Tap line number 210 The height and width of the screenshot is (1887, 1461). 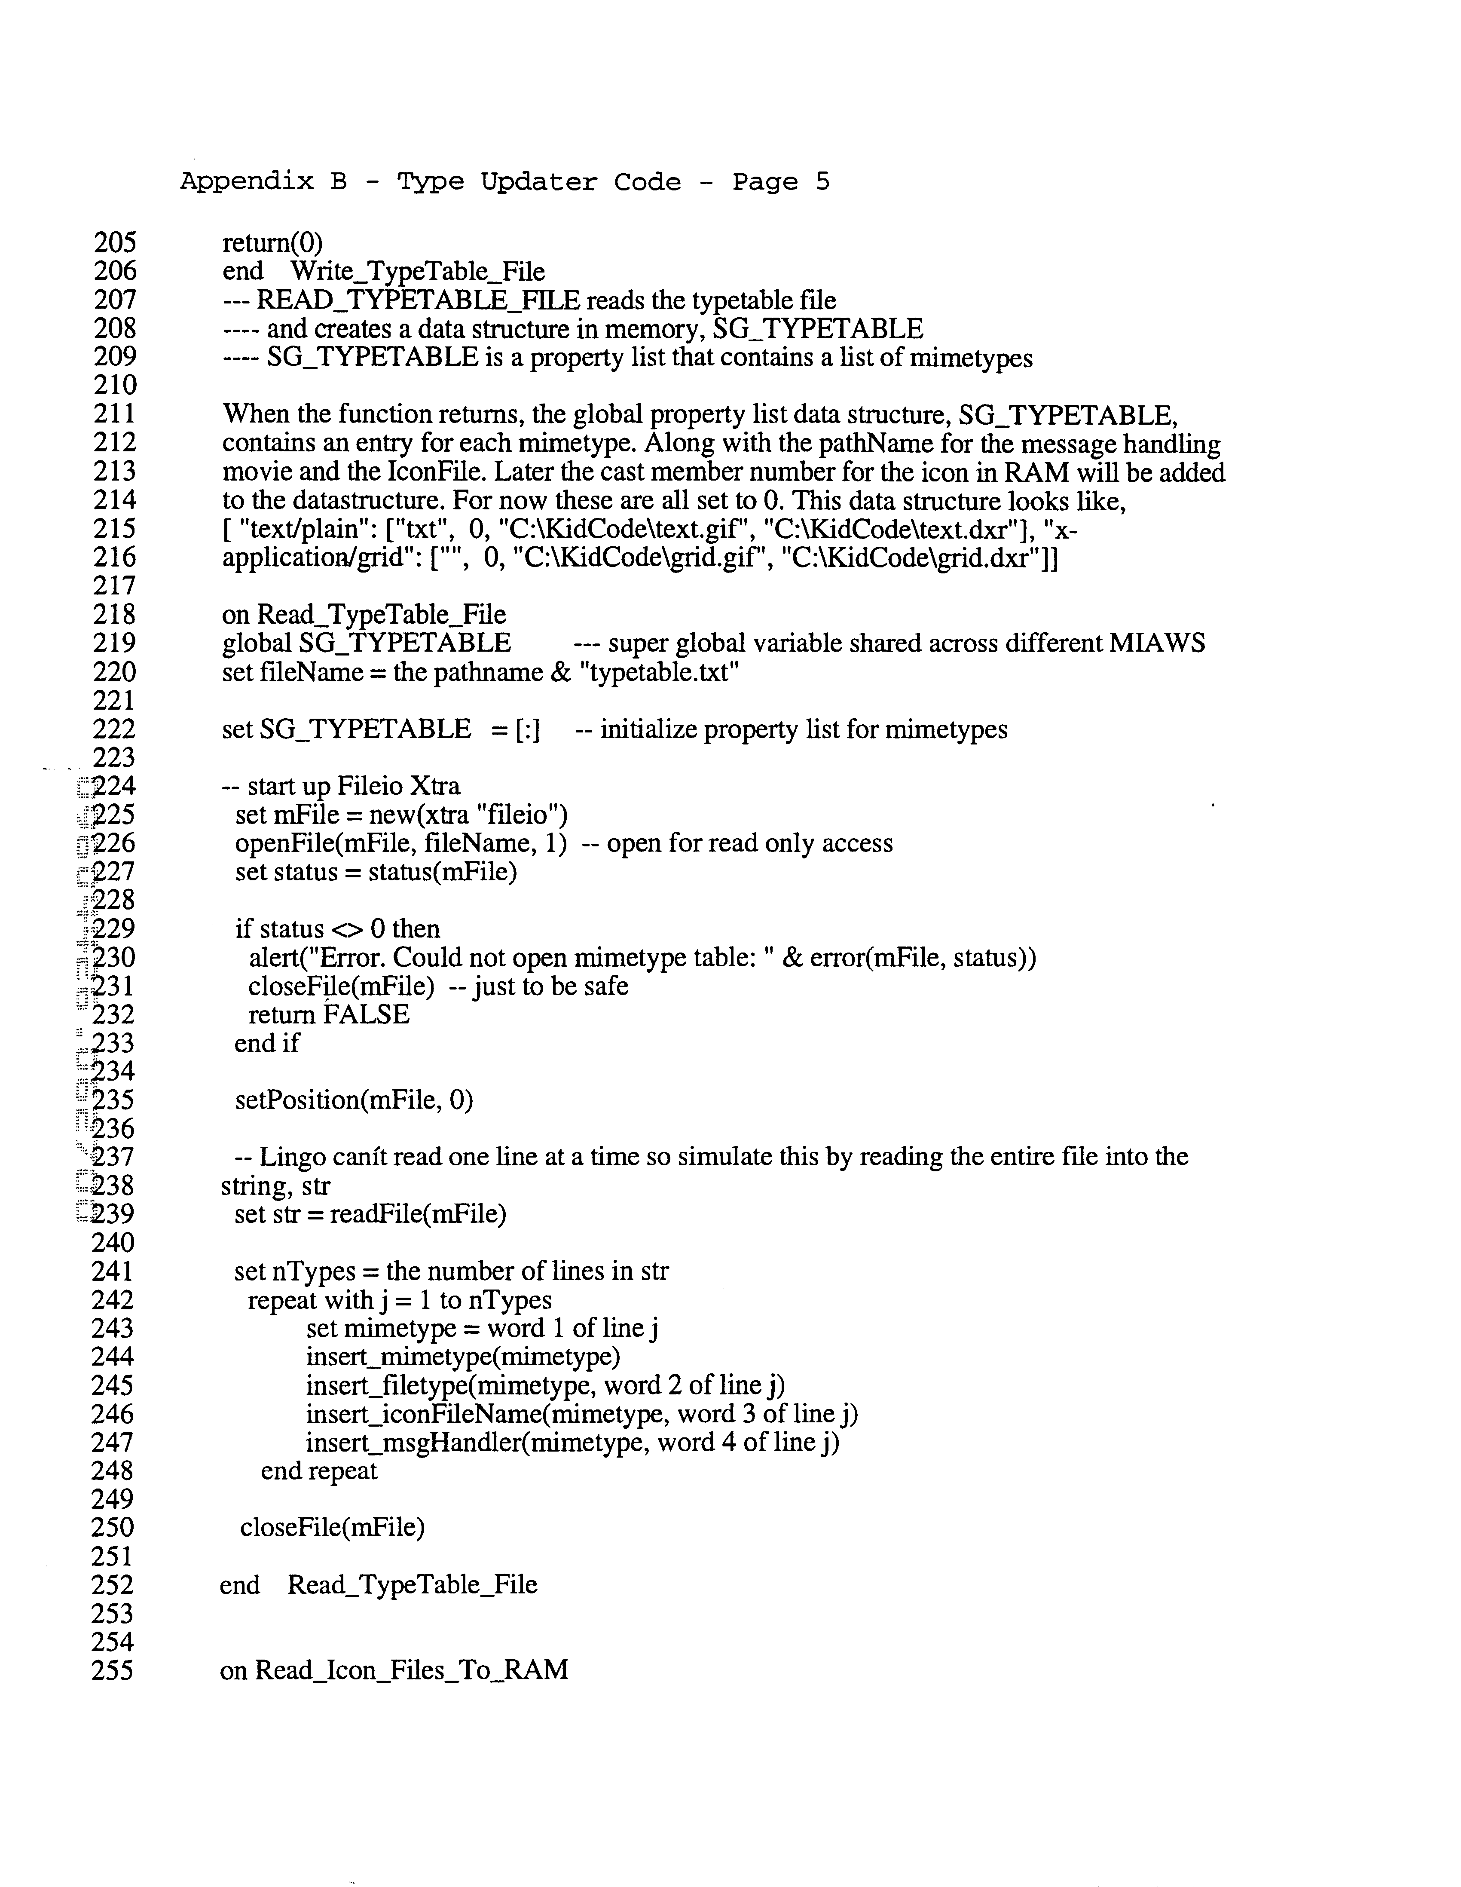pyautogui.click(x=115, y=385)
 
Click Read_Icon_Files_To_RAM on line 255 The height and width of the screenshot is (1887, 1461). pyautogui.click(x=411, y=1670)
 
